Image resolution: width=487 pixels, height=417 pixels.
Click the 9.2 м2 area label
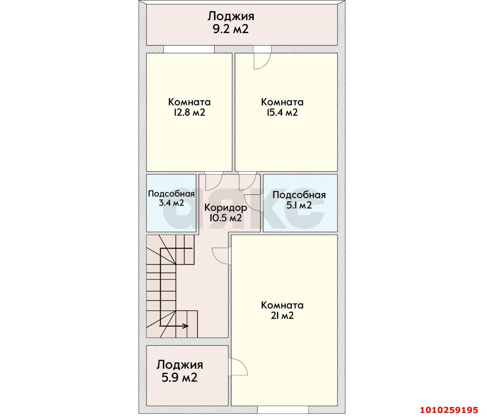coord(231,29)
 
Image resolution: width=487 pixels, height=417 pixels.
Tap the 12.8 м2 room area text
coord(189,112)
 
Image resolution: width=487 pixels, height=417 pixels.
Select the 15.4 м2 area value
coord(282,112)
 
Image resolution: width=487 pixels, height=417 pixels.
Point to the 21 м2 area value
coord(282,315)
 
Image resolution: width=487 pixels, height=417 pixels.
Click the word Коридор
coord(226,208)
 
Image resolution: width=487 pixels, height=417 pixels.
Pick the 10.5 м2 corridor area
coord(226,218)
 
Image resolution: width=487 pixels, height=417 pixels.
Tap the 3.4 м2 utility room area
coord(171,203)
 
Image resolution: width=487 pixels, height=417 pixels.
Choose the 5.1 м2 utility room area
coord(299,205)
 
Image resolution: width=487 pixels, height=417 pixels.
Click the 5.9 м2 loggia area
coord(179,378)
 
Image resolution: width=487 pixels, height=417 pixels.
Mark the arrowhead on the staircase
coord(186,326)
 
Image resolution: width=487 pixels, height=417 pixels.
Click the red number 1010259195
coord(449,410)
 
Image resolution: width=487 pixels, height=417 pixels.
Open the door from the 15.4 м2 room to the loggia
coord(262,61)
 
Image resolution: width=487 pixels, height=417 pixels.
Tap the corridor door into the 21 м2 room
coord(221,256)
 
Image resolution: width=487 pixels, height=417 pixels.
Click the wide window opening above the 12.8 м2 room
coord(189,49)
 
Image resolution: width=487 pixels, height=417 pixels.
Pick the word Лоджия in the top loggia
coord(231,17)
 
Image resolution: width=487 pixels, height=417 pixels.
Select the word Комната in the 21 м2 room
coord(282,305)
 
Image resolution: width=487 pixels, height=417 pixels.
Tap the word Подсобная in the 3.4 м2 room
coord(171,194)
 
